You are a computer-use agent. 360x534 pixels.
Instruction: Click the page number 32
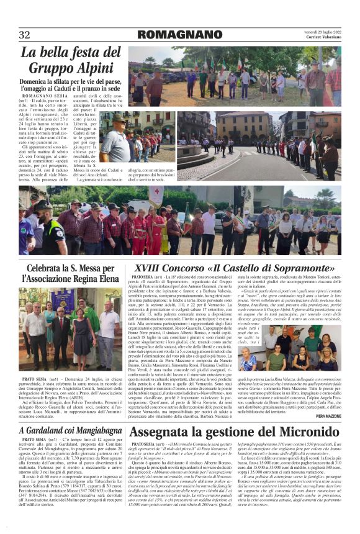pyautogui.click(x=24, y=35)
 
